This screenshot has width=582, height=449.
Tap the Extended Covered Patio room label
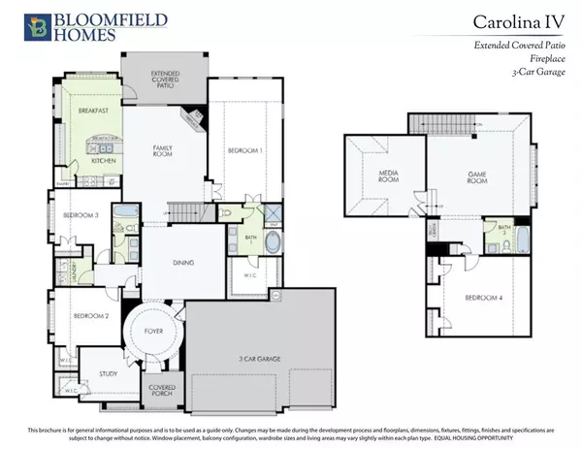[x=148, y=79]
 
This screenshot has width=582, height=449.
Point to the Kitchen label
[x=104, y=161]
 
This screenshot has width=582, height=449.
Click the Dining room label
[x=182, y=263]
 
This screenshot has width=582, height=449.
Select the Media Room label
[x=378, y=179]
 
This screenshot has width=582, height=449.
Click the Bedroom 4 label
[x=481, y=298]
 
